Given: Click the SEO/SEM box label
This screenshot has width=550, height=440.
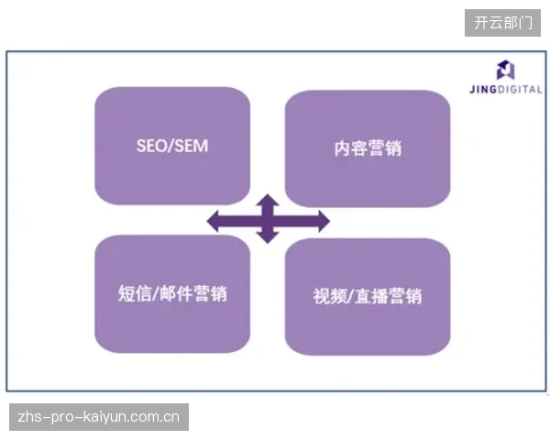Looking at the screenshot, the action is [172, 146].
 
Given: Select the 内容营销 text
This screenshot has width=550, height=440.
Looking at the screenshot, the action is [368, 148].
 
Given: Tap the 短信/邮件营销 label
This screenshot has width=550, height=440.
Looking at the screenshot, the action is [172, 293].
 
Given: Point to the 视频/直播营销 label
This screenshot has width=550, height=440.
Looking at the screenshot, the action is [368, 296].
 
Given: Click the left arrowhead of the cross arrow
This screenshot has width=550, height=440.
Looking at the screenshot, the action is [214, 222].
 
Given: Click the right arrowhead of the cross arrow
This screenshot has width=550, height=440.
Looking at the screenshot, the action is [324, 222].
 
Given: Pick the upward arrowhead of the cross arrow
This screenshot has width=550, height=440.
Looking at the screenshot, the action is [268, 200].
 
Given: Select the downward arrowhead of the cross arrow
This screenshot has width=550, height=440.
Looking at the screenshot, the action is [268, 237].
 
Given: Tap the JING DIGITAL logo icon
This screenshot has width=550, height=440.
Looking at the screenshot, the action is [505, 70].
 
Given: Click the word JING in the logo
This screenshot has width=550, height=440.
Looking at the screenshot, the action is [483, 90].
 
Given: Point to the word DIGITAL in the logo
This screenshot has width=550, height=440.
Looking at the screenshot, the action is [520, 90].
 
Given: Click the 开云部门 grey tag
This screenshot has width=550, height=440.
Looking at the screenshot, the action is [502, 23].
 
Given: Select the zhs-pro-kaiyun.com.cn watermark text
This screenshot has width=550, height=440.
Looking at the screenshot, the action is [99, 417].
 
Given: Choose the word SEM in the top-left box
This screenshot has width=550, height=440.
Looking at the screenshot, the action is [192, 146].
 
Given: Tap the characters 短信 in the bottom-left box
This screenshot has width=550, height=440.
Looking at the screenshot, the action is [135, 293].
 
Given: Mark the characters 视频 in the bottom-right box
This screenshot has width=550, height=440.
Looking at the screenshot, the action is [330, 296].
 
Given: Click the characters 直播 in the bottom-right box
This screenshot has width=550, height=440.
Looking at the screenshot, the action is [370, 296].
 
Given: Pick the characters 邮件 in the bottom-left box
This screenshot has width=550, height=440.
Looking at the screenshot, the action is [175, 293].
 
